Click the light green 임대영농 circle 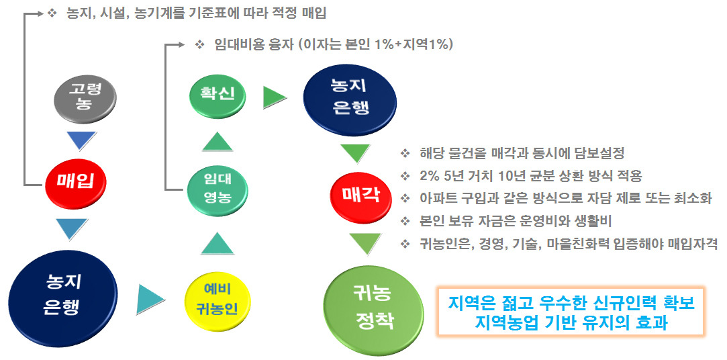pos(217,188)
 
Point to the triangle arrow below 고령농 pos(86,141)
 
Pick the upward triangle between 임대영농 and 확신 pos(217,142)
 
